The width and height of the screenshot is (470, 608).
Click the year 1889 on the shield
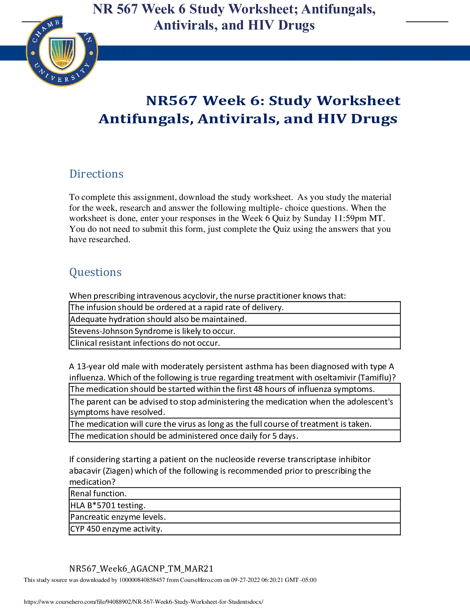pos(62,63)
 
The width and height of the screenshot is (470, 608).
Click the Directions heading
pos(96,174)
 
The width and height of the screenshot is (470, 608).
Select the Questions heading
pos(95,273)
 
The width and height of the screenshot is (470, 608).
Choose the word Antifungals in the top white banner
pos(338,9)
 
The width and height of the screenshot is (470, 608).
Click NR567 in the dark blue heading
pos(172,101)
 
